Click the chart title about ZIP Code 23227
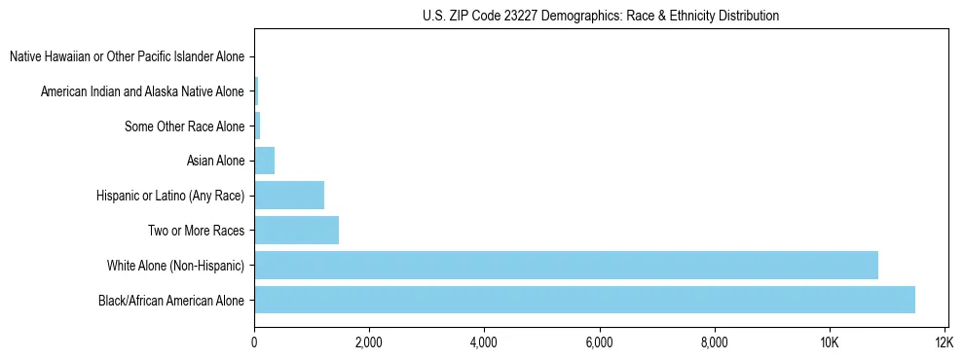(x=600, y=16)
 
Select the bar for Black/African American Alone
(x=584, y=300)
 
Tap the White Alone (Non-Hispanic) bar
(x=566, y=265)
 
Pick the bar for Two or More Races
(x=296, y=231)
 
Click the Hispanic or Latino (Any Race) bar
(x=289, y=196)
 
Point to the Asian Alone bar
(x=264, y=161)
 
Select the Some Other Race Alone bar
(x=257, y=126)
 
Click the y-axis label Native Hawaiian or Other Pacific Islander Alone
(x=128, y=56)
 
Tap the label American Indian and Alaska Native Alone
(x=143, y=91)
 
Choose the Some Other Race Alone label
(x=185, y=126)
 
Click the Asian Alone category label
(x=215, y=161)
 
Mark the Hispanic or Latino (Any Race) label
(x=171, y=196)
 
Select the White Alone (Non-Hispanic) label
(x=176, y=266)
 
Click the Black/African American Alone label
(x=172, y=301)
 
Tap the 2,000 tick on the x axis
(x=369, y=342)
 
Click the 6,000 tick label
(x=599, y=342)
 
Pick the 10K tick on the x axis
(x=829, y=342)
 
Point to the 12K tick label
(x=944, y=342)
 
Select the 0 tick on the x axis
(x=254, y=342)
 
